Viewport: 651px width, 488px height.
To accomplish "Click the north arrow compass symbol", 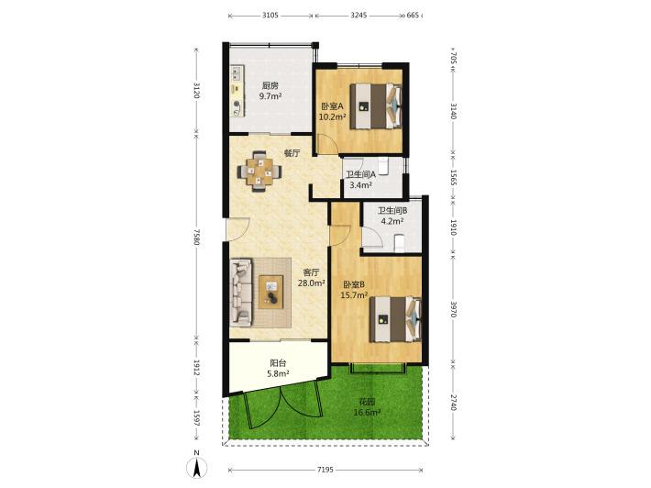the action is coord(196,464).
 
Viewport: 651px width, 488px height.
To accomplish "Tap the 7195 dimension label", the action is coord(325,470).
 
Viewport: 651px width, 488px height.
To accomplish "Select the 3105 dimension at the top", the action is coord(270,16).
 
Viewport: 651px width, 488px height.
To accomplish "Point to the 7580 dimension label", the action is coord(196,238).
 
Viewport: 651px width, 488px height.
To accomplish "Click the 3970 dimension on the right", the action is coord(453,309).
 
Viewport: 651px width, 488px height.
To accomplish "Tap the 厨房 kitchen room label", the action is coord(270,86).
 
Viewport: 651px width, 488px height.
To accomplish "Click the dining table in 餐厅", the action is coord(259,172).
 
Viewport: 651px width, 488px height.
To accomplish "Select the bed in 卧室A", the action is coord(376,105).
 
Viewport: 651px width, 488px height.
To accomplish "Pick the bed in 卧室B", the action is coord(396,319).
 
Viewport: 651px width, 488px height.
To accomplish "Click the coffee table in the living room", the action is coord(271,292).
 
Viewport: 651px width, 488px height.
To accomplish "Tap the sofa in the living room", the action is coord(241,292).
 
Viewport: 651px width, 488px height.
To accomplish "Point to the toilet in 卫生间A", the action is coord(383,166).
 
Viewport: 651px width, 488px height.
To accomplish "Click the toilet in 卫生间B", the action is coord(399,243).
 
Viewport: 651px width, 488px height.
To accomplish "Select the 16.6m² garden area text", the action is coord(367,413).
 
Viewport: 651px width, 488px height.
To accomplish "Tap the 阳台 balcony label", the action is coord(278,363).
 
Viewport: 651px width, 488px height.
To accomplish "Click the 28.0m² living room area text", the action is coord(312,283).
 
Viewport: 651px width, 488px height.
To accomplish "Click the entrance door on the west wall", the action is coord(237,229).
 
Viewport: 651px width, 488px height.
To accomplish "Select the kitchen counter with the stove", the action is coord(237,91).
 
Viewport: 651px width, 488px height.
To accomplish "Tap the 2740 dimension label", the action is coord(453,403).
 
